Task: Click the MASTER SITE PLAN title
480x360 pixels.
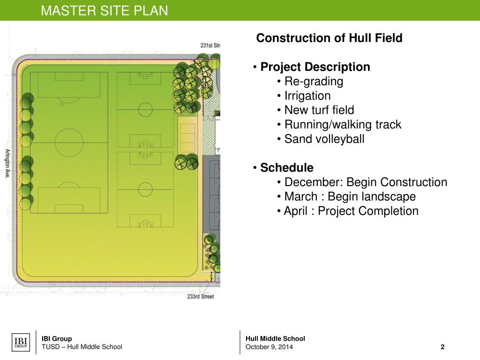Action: [x=104, y=10]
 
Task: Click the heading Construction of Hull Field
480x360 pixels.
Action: [x=329, y=38]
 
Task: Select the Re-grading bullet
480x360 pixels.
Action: [x=314, y=82]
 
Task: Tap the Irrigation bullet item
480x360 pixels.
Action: [x=307, y=96]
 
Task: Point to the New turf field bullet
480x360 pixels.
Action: [x=319, y=111]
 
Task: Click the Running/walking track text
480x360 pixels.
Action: [x=343, y=125]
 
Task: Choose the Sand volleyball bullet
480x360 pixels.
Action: [x=324, y=139]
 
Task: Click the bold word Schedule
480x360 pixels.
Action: [x=286, y=168]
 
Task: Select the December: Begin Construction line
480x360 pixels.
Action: [x=366, y=182]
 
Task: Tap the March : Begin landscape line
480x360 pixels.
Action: [x=350, y=197]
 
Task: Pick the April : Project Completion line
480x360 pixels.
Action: [x=351, y=211]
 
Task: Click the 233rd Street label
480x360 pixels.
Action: [x=200, y=297]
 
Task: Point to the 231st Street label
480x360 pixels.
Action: [x=210, y=45]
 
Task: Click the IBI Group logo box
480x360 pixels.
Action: [x=20, y=342]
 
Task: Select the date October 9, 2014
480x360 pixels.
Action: [x=269, y=347]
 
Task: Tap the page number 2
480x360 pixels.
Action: [x=442, y=347]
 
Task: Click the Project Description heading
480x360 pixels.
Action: [x=315, y=67]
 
